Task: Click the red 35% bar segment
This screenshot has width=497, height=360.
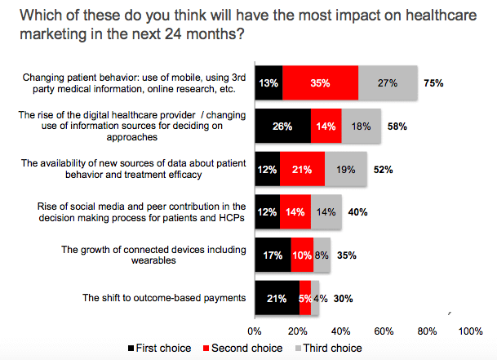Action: click(x=321, y=83)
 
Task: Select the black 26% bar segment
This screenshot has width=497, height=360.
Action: click(x=283, y=126)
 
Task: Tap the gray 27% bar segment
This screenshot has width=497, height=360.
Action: click(x=388, y=83)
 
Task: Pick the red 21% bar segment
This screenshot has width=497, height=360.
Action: click(x=302, y=169)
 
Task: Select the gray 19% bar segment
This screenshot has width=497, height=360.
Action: click(x=346, y=169)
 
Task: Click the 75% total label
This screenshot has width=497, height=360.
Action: click(x=434, y=83)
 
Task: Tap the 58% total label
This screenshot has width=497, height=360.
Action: click(x=397, y=127)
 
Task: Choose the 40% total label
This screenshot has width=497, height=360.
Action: click(x=357, y=211)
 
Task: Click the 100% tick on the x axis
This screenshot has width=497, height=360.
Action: click(x=471, y=332)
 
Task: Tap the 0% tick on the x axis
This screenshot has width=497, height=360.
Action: click(x=255, y=332)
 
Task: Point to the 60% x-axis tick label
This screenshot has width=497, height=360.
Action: click(x=384, y=332)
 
